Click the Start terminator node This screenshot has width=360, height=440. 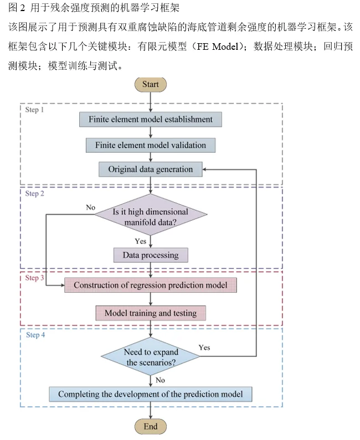(x=150, y=84)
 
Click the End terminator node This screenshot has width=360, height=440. (x=150, y=427)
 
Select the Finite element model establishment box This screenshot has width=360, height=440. (x=150, y=119)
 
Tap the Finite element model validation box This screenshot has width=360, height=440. (x=150, y=145)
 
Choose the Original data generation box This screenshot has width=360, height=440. (x=150, y=169)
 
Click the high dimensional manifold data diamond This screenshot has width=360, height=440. (x=150, y=216)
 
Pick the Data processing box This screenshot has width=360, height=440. (x=150, y=255)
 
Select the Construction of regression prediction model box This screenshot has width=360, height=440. (x=150, y=285)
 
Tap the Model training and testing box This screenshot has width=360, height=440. (x=150, y=313)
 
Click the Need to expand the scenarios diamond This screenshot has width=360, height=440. (x=150, y=357)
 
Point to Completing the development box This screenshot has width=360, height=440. (x=150, y=394)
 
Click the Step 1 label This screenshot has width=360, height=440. (x=34, y=110)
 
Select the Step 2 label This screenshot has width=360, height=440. (x=34, y=194)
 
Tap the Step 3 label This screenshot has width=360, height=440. (x=34, y=278)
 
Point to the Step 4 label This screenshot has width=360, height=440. (x=35, y=335)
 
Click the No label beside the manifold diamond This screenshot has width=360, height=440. (x=90, y=207)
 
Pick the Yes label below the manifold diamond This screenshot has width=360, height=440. (x=141, y=241)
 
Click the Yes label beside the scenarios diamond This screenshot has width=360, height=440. (x=204, y=347)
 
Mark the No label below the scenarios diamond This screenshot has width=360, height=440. (x=160, y=380)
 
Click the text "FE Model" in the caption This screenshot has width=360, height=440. (x=217, y=46)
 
